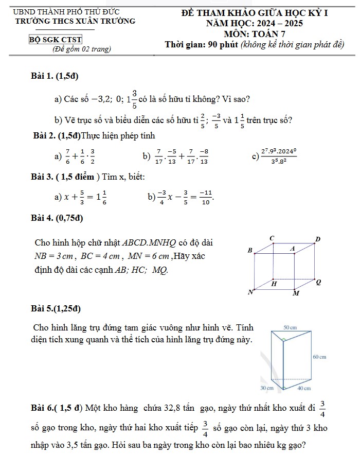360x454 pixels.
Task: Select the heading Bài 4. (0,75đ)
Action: pyautogui.click(x=57, y=218)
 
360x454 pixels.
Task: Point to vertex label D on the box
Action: pyautogui.click(x=317, y=239)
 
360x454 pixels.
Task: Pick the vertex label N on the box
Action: pyautogui.click(x=251, y=292)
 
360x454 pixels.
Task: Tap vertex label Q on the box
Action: pyautogui.click(x=318, y=282)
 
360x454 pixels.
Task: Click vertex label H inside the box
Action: pyautogui.click(x=274, y=284)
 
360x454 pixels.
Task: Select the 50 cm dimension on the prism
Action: pyautogui.click(x=290, y=327)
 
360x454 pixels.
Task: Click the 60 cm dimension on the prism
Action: pyautogui.click(x=319, y=357)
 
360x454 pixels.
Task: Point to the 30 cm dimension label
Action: pyautogui.click(x=267, y=388)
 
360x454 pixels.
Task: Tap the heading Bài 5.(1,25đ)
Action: pyautogui.click(x=56, y=309)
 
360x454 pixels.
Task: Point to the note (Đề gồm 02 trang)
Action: pyautogui.click(x=82, y=49)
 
